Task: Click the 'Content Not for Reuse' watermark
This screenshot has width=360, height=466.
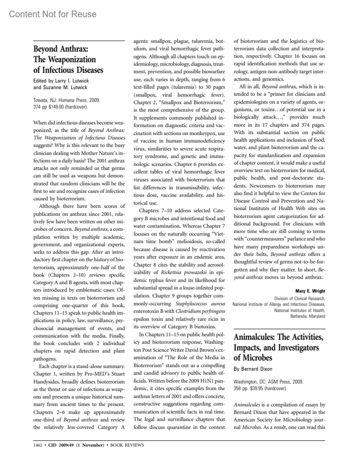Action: [x=53, y=14]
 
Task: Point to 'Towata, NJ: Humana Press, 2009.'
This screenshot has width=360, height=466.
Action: [x=66, y=100]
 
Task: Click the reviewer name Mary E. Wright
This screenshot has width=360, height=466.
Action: [x=310, y=291]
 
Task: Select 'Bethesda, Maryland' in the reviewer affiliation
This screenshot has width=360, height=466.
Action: [x=307, y=316]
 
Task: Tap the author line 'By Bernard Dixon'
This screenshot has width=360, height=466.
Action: [x=253, y=369]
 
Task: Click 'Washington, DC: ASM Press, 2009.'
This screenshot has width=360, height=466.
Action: [x=268, y=382]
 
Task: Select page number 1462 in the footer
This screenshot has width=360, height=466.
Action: [x=37, y=445]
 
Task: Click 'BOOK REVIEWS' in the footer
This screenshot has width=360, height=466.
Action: [x=127, y=445]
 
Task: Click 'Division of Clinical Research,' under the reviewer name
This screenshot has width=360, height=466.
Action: [x=300, y=298]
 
